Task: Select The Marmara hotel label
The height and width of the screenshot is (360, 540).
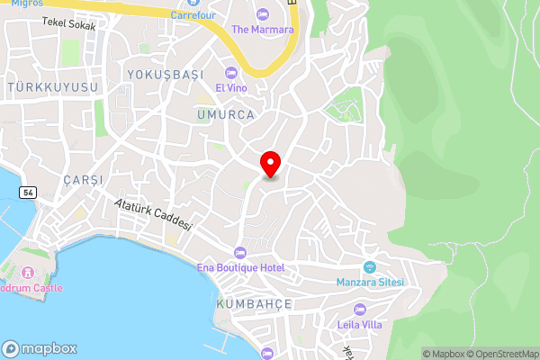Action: (263, 30)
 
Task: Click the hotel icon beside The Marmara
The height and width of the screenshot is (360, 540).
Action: (263, 13)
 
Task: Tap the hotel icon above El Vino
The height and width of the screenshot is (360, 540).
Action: (232, 73)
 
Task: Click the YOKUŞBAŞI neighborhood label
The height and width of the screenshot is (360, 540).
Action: (166, 74)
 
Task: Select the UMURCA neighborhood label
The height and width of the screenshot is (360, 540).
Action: (225, 115)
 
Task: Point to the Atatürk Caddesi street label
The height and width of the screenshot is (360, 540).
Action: (154, 215)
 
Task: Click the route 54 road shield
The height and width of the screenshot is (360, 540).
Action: (29, 193)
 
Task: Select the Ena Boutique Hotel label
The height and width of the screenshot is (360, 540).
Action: (240, 268)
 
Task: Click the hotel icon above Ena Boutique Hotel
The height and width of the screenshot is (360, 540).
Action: (239, 252)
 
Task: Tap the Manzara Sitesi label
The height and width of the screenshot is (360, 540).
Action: (370, 283)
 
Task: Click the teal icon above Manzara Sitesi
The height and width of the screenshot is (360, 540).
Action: (369, 267)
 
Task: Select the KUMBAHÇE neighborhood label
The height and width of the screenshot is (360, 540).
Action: (255, 304)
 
